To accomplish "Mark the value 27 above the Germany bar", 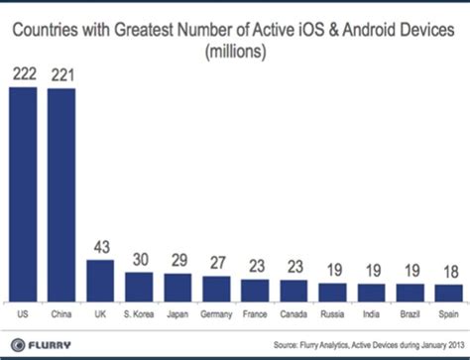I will [216, 265].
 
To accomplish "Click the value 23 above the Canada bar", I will [294, 269].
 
